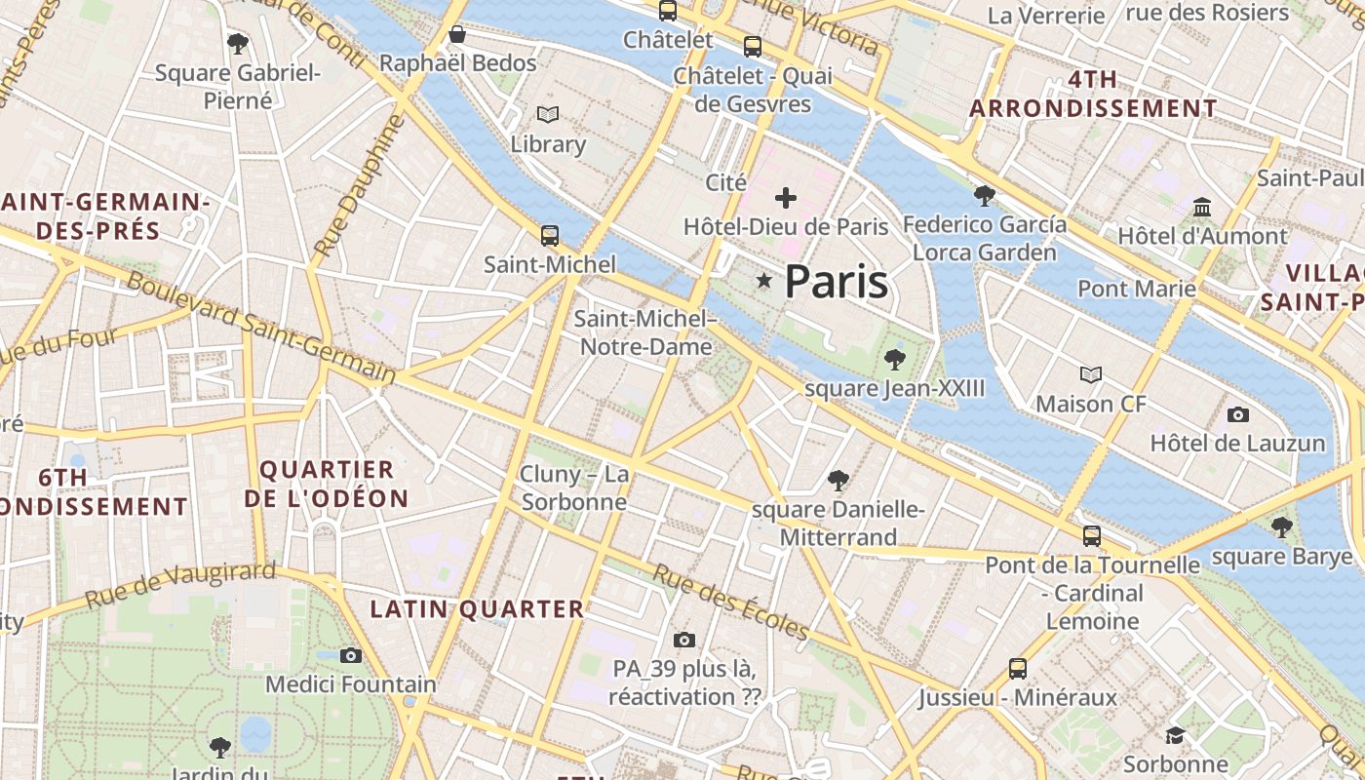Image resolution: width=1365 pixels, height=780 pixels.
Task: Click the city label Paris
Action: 837,282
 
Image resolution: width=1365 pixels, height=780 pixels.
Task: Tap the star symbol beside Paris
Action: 764,282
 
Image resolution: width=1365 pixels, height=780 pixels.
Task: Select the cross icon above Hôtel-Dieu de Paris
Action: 785,198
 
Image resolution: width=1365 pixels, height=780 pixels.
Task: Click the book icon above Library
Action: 548,115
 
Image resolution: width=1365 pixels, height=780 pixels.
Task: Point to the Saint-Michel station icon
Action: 550,235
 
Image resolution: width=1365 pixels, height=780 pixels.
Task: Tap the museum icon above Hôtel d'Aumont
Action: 1202,208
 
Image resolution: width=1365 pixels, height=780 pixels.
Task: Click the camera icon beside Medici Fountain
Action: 351,655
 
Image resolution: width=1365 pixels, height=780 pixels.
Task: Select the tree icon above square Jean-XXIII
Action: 894,360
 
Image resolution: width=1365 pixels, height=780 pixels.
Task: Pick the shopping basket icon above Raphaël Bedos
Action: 457,35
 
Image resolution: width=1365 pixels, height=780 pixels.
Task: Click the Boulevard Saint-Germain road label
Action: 261,327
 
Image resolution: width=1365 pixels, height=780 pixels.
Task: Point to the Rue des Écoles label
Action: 730,602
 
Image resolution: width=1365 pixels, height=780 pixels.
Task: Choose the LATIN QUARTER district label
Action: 477,609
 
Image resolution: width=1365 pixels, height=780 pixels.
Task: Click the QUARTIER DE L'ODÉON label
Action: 326,484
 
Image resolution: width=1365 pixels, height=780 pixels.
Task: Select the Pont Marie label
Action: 1136,289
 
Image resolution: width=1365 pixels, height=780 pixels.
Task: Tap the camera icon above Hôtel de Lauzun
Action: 1237,414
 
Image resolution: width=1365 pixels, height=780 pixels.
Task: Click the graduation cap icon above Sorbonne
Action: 1175,735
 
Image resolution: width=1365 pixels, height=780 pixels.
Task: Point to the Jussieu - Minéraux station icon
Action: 1018,669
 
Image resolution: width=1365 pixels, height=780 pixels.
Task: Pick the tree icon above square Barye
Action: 1281,527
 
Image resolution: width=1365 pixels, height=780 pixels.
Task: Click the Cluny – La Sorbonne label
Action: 574,487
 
